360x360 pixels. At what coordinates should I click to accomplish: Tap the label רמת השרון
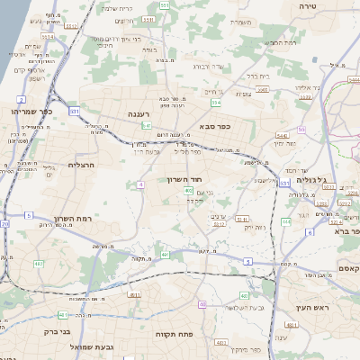pyautogui.click(x=58, y=219)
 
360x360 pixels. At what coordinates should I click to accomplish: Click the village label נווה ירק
pyautogui.click(x=255, y=229)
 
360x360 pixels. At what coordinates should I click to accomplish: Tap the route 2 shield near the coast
pyautogui.click(x=21, y=98)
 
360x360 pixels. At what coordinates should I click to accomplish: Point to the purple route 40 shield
pyautogui.click(x=202, y=305)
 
